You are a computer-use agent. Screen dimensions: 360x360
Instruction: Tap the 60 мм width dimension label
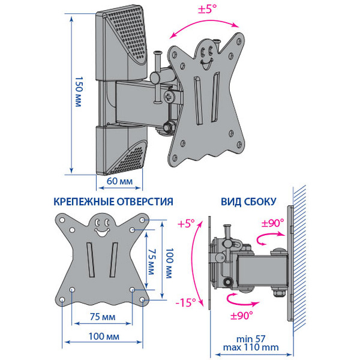[120, 180]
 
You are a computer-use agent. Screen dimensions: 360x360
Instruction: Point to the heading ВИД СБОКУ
[248, 202]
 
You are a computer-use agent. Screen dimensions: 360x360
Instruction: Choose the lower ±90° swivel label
[241, 313]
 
